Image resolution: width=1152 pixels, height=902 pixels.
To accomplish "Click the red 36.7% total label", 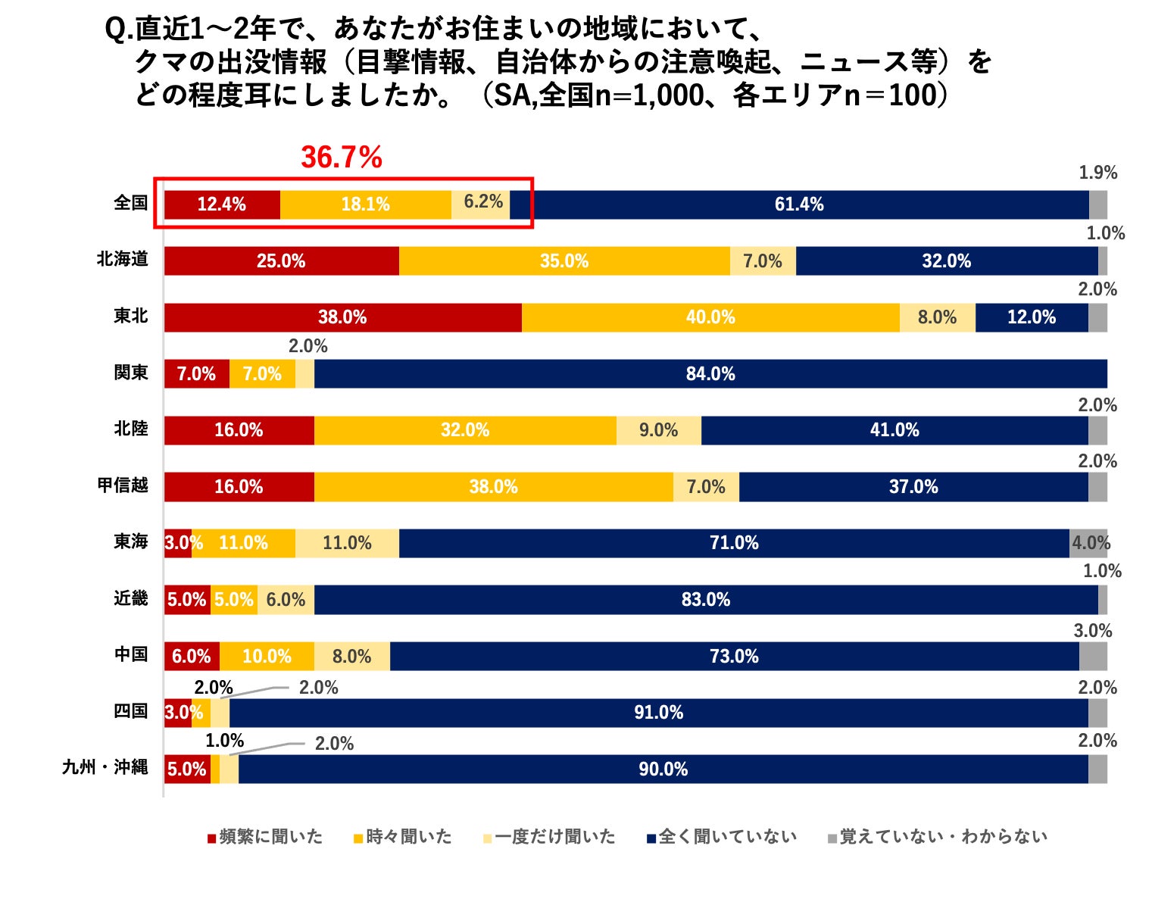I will coord(342,158).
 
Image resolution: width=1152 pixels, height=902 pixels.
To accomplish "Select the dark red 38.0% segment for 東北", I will coord(342,317).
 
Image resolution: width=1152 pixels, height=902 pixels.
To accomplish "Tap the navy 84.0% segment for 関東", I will coord(710,374).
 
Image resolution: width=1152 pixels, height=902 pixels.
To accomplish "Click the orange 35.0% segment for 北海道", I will coord(564,261).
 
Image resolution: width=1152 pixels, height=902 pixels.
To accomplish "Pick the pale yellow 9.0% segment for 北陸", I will coord(658,430).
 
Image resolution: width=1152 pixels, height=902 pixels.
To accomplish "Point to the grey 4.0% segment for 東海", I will coord(1089,543).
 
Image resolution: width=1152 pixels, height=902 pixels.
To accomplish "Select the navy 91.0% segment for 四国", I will coord(658,713).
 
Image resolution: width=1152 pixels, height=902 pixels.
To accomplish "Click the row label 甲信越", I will coord(123,485).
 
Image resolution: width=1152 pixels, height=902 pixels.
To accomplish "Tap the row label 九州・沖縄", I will coord(105,768).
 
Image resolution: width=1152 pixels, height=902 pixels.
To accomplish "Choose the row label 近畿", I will coord(131,599).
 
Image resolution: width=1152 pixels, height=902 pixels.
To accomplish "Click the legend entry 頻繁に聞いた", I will coord(265,837).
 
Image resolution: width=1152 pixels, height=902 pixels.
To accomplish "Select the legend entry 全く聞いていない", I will coord(722,837).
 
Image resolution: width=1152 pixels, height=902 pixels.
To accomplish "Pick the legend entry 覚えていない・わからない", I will coord(938,837).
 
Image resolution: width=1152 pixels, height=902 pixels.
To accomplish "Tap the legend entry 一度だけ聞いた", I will coord(549,837).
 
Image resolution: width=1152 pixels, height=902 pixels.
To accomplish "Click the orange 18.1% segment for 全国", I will coord(365,204).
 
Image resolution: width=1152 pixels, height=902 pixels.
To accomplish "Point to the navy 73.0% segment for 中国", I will coord(734,657).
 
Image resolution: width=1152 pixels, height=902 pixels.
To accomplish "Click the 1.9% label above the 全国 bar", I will coord(1097,173).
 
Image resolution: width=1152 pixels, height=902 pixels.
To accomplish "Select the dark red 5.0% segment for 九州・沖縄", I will coord(186,769).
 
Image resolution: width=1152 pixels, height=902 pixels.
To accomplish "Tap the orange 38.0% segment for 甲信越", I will coord(493,487).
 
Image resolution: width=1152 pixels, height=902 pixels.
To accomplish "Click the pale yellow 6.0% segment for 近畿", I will coord(286,600).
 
